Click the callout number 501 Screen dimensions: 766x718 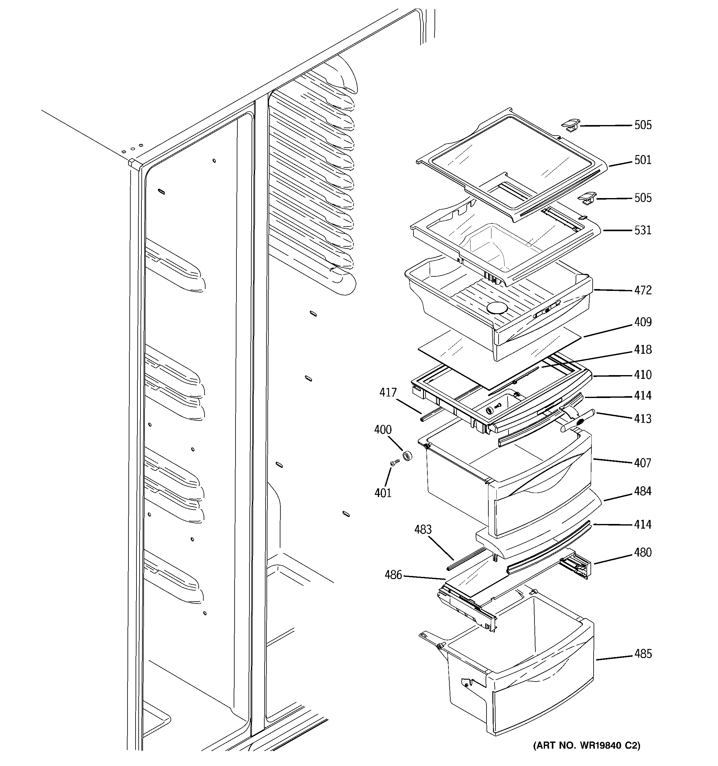[642, 160]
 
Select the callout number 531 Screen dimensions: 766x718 [642, 230]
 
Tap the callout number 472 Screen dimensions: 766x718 [642, 290]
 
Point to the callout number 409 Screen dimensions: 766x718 [642, 322]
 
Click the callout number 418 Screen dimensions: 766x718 [642, 349]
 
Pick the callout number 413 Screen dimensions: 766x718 [642, 418]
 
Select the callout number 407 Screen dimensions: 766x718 [642, 463]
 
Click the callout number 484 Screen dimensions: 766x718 [642, 491]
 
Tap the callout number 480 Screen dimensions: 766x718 [642, 552]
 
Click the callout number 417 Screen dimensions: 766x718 [388, 393]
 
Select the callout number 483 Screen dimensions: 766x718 [423, 530]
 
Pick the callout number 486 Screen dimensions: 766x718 [393, 575]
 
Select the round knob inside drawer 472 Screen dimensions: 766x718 [497, 308]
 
